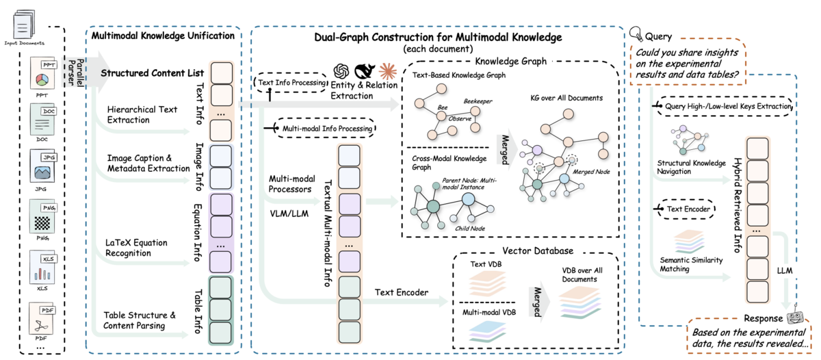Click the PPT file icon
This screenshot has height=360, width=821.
click(x=43, y=73)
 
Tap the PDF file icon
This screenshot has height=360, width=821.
click(x=42, y=318)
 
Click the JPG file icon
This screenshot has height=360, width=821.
click(x=43, y=166)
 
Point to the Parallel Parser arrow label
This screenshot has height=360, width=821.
click(x=76, y=73)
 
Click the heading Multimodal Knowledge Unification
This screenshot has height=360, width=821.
click(x=163, y=36)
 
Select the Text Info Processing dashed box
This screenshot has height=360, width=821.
click(x=290, y=83)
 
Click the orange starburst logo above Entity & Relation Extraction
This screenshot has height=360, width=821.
click(x=388, y=71)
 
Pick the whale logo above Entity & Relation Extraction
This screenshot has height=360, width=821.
click(x=365, y=71)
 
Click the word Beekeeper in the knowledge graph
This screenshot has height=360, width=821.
click(x=478, y=101)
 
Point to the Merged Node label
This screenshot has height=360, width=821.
click(x=591, y=172)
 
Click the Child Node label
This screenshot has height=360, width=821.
click(x=470, y=229)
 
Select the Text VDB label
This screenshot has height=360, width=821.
click(x=486, y=264)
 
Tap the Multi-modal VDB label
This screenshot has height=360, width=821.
click(x=489, y=312)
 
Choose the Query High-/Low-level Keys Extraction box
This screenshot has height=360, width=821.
click(x=725, y=106)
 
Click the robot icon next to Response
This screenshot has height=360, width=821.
click(x=794, y=316)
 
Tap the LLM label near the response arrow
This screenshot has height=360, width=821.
click(x=785, y=270)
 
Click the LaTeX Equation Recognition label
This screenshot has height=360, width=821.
click(x=136, y=248)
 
